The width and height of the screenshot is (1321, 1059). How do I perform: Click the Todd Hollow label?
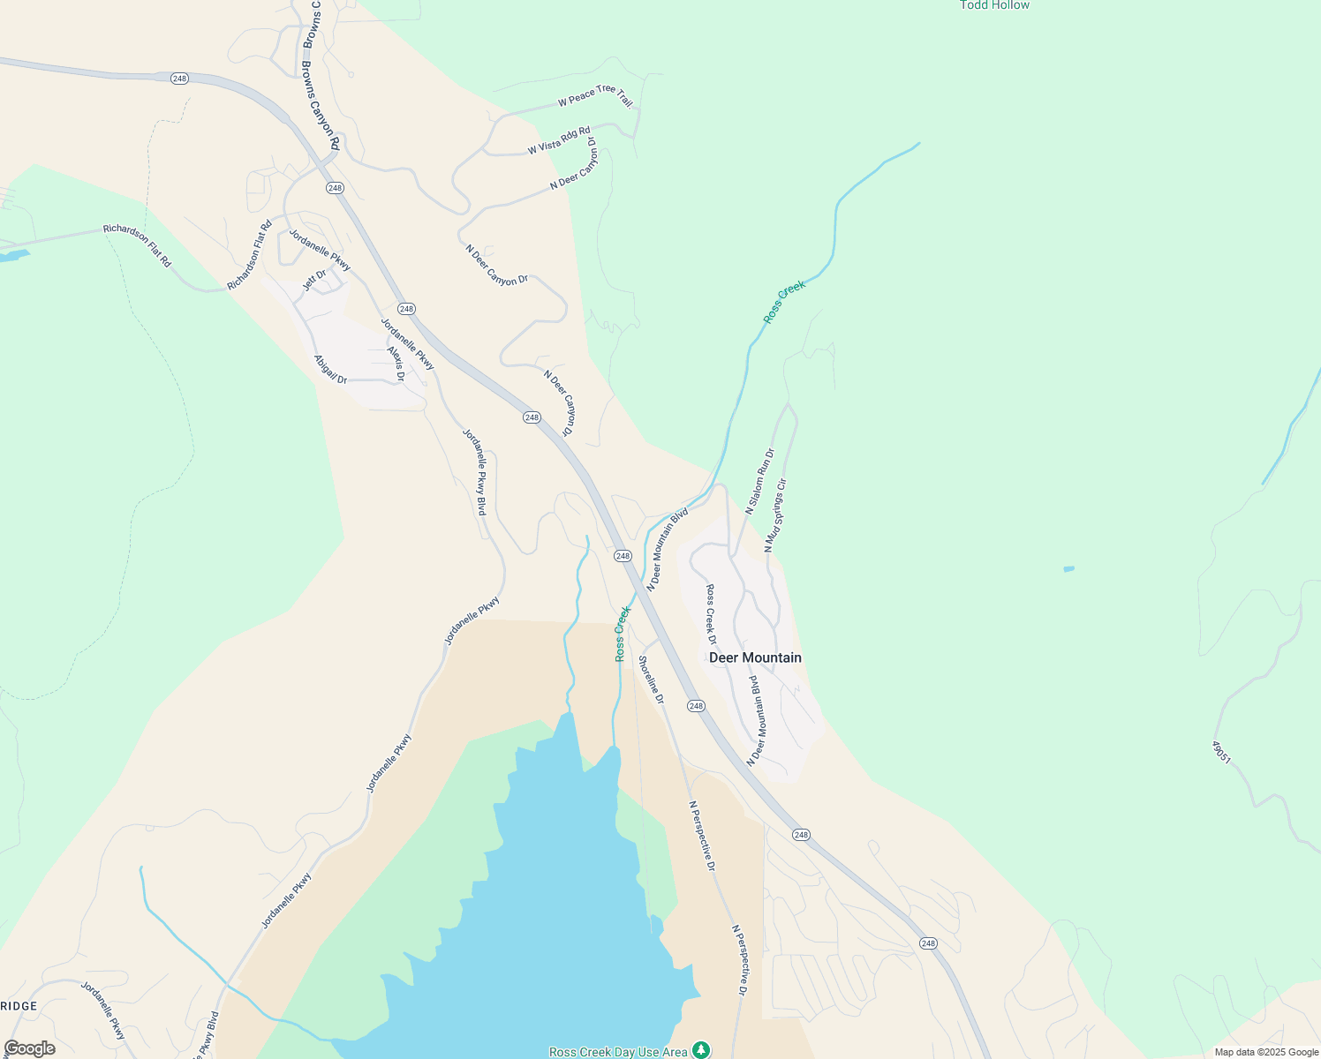coord(994,5)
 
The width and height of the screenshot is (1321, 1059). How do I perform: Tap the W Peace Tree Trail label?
coord(595,96)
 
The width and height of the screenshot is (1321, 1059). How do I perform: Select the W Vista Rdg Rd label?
coord(559,140)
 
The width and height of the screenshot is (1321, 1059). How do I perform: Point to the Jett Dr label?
coord(314,280)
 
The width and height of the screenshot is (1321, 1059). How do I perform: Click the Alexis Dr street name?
coord(396,364)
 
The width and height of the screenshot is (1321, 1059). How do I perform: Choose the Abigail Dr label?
coord(331,369)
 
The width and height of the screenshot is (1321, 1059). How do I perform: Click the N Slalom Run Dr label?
coord(759,481)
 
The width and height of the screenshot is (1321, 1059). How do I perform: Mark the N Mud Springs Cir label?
coord(775,515)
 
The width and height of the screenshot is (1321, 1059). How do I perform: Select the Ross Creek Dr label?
coord(711,614)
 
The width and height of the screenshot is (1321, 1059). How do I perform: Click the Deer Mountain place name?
coord(755,657)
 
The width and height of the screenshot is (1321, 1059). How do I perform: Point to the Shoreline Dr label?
coord(651,680)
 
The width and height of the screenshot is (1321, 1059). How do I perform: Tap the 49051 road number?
coord(1221,752)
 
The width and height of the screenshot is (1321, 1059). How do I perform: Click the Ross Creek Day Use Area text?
coord(618,1052)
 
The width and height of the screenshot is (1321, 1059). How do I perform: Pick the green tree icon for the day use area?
coord(701,1049)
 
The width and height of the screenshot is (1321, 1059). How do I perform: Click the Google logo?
coord(29,1048)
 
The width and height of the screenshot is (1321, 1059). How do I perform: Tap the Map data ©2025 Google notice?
coord(1266,1052)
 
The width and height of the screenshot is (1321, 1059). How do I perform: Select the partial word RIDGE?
coord(19,1006)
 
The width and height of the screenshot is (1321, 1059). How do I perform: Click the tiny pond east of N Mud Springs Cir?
coord(1068,569)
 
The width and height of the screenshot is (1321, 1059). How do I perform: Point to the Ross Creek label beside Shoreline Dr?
coord(623,633)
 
